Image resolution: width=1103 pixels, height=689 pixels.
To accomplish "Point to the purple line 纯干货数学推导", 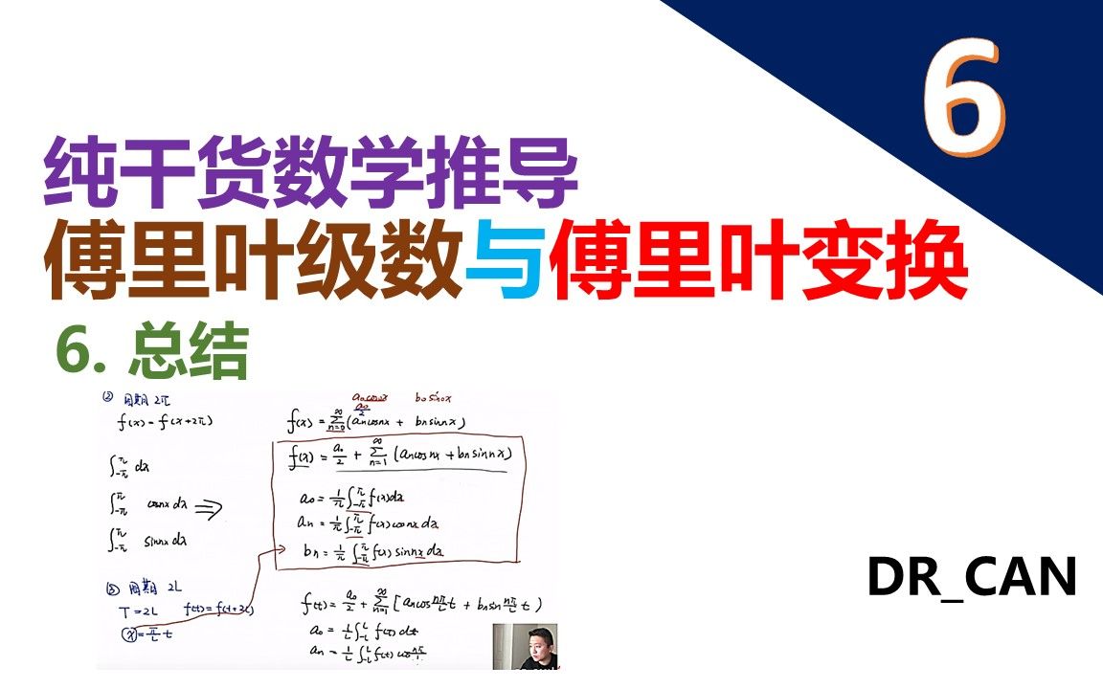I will pyautogui.click(x=312, y=175).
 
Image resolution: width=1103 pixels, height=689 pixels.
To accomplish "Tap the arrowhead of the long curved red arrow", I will pyautogui.click(x=281, y=548).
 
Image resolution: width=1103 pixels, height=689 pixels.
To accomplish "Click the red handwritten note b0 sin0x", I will pyautogui.click(x=434, y=398).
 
